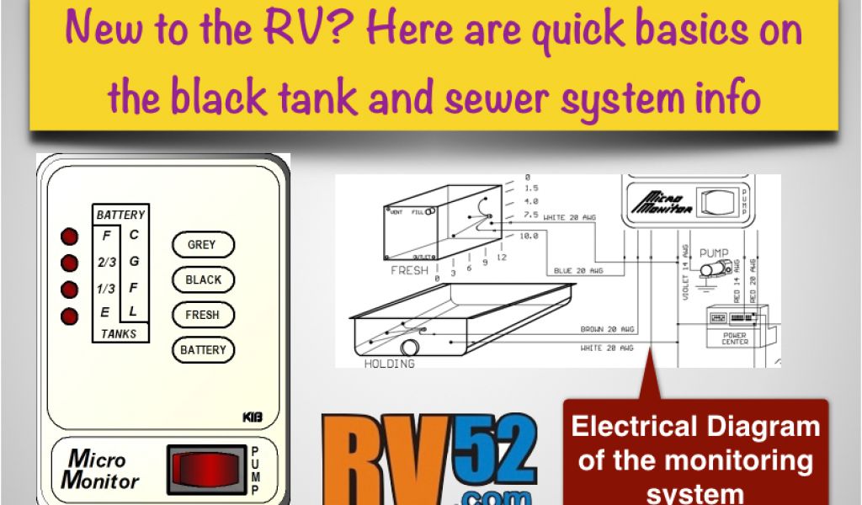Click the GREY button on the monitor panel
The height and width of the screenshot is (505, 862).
pyautogui.click(x=202, y=245)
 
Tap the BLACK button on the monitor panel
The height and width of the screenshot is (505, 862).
pyautogui.click(x=203, y=280)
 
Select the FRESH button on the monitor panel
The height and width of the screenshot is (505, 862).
pyautogui.click(x=202, y=315)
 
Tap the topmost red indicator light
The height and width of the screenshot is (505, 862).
pyautogui.click(x=70, y=236)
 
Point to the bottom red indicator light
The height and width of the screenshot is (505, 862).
pyautogui.click(x=70, y=316)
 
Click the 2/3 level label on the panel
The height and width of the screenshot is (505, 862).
pyautogui.click(x=106, y=262)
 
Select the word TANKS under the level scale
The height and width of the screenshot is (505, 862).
pyautogui.click(x=119, y=334)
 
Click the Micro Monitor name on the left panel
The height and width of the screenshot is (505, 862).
pyautogui.click(x=100, y=470)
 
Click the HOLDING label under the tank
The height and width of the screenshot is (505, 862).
pyautogui.click(x=389, y=364)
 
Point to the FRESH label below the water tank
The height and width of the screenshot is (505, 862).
pyautogui.click(x=409, y=271)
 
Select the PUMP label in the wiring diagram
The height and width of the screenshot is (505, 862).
pyautogui.click(x=714, y=252)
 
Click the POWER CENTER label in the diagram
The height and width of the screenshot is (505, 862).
pyautogui.click(x=734, y=338)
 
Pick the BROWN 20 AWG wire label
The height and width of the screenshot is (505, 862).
pyautogui.click(x=606, y=329)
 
